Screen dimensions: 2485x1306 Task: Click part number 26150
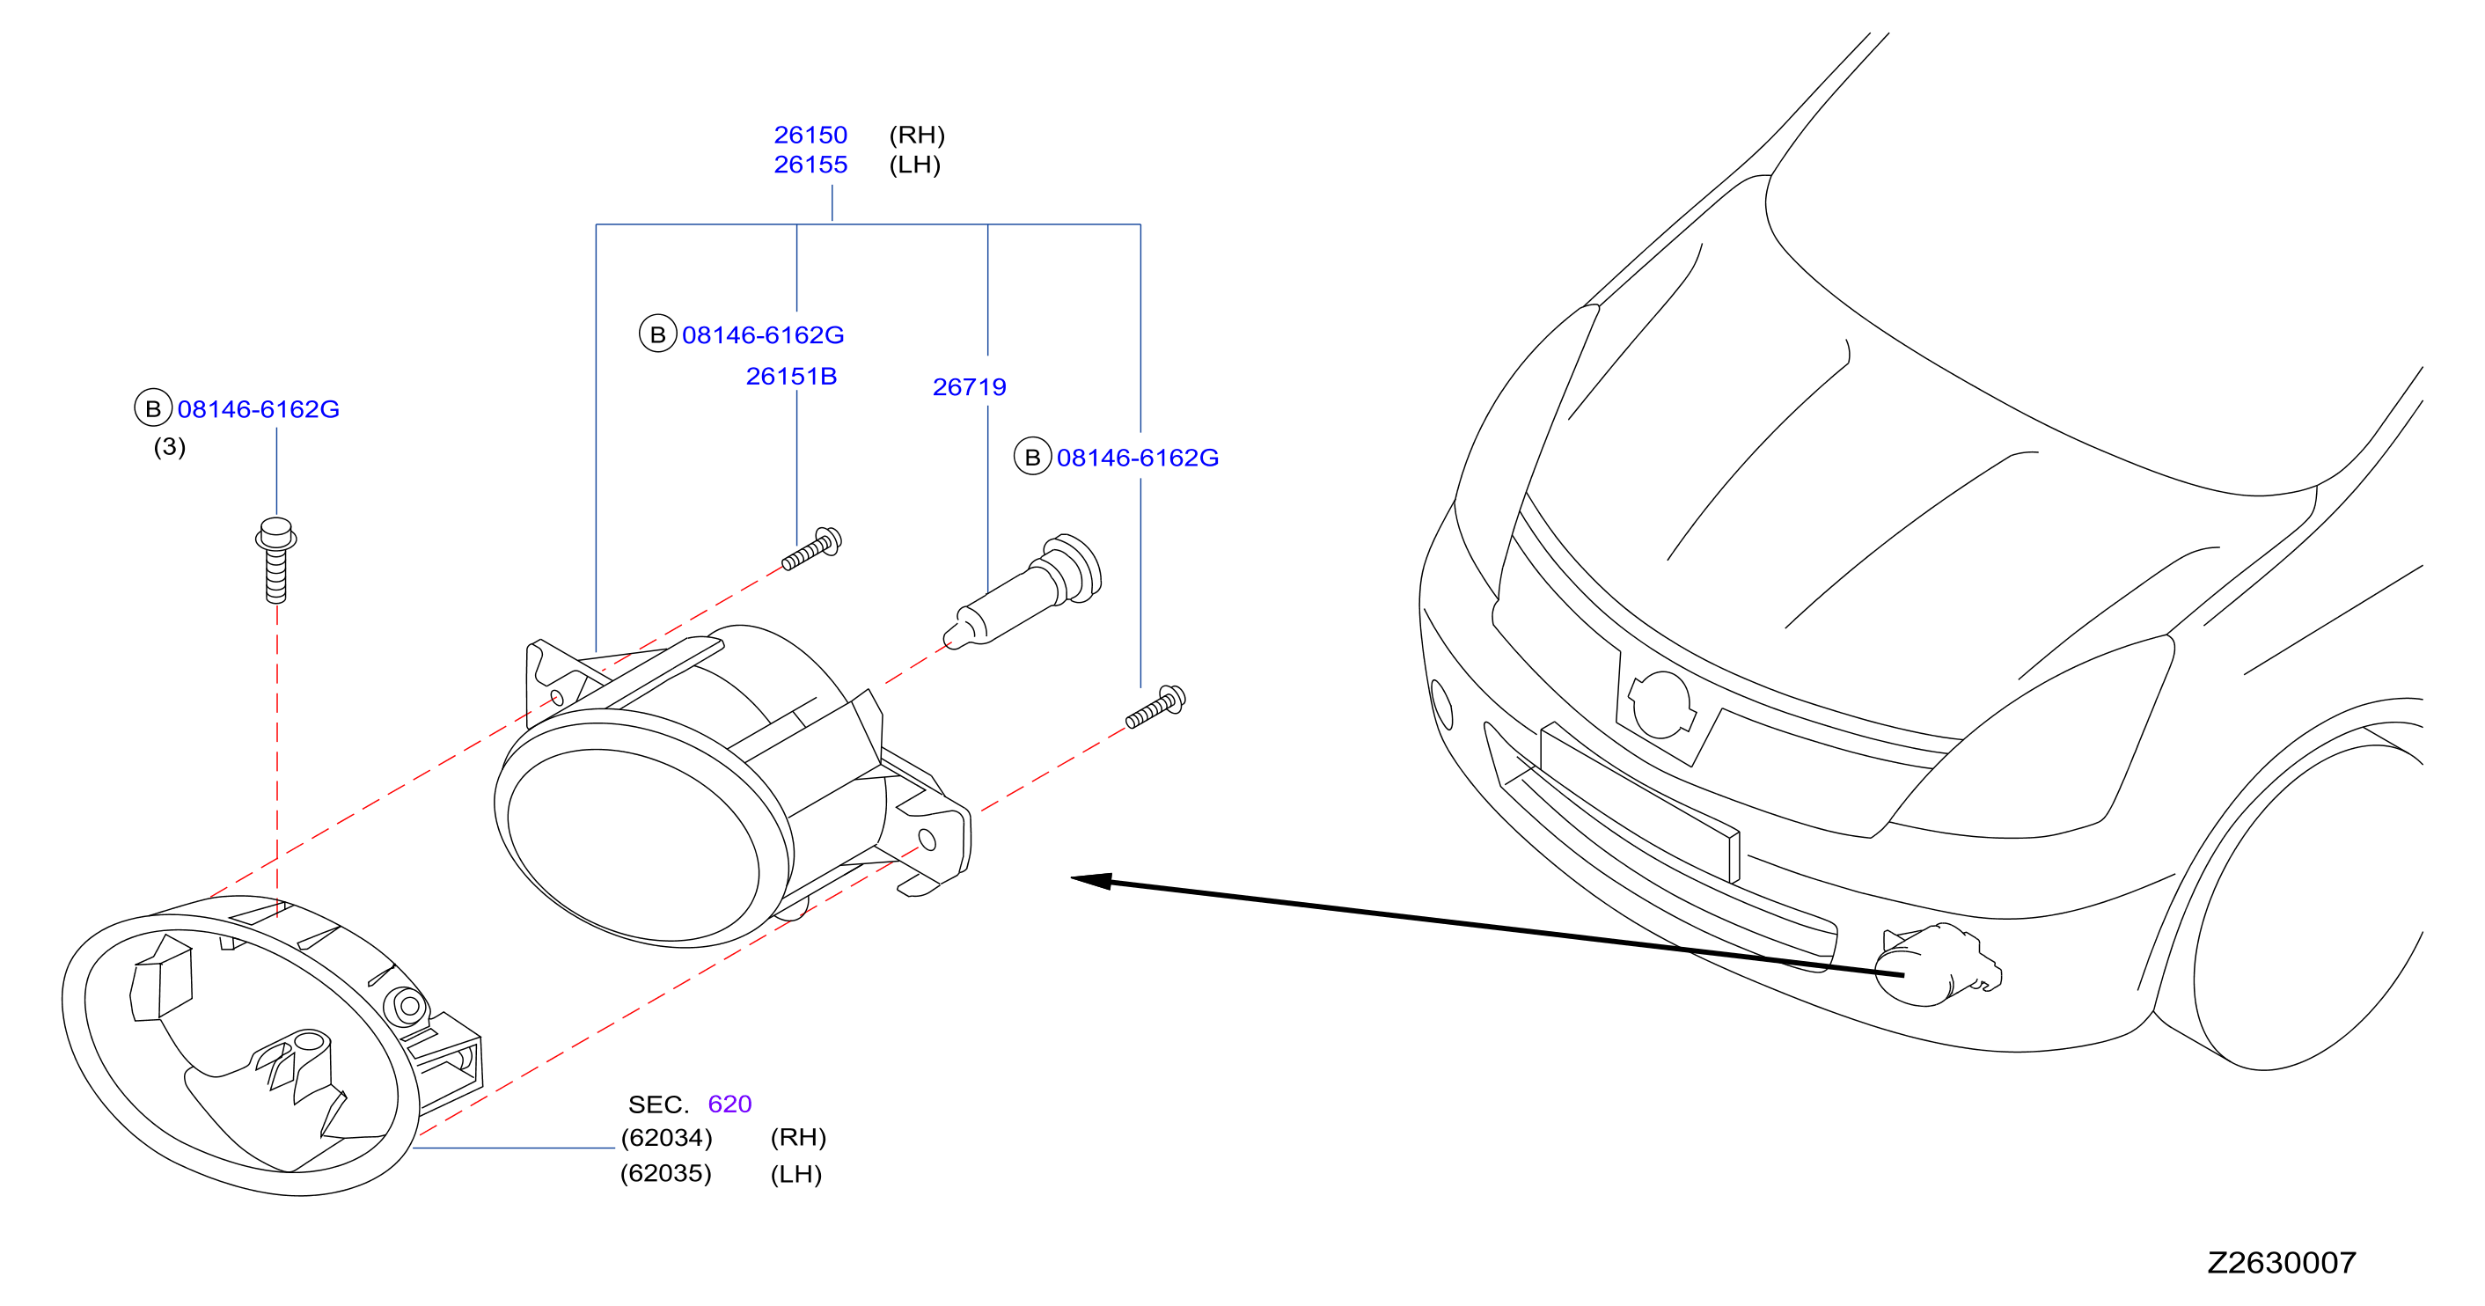point(810,135)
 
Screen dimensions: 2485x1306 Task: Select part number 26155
point(810,165)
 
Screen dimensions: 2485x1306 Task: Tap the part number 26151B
point(791,376)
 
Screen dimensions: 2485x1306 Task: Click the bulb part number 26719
point(970,387)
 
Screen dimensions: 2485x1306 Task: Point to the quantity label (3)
point(170,446)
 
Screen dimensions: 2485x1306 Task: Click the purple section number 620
point(729,1104)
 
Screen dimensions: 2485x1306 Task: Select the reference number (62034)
point(667,1138)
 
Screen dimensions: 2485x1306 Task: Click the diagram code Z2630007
point(2282,1263)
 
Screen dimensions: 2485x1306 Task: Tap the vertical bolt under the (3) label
point(276,561)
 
